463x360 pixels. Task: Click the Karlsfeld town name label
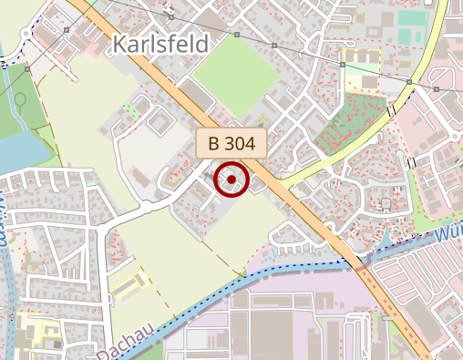pyautogui.click(x=160, y=45)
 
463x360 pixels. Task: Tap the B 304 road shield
pyautogui.click(x=231, y=143)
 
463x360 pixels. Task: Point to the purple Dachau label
pyautogui.click(x=118, y=347)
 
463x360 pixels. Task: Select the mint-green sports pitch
pyautogui.click(x=412, y=19)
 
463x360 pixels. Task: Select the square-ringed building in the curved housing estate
pyautogui.click(x=386, y=202)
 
